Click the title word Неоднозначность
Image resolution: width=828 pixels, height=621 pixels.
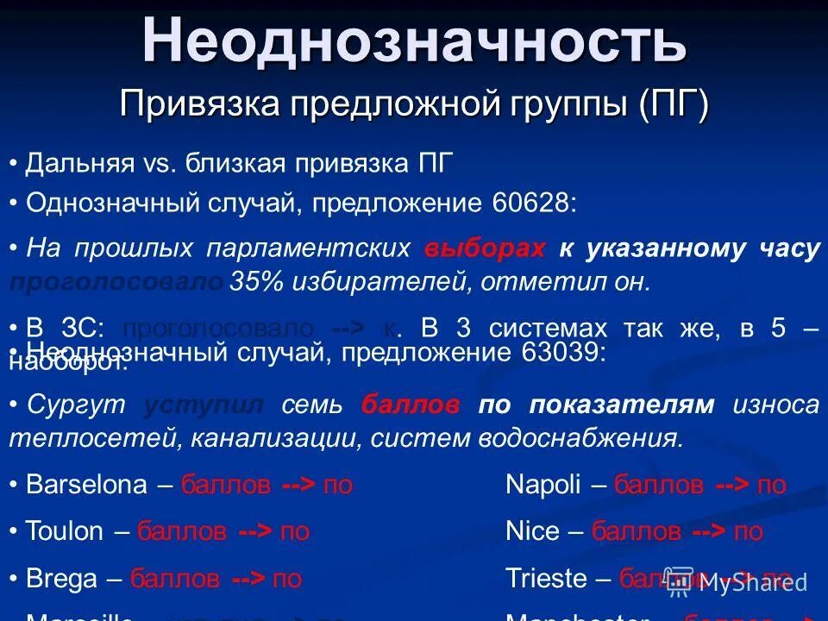[x=414, y=41]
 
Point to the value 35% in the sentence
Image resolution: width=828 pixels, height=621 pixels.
[x=250, y=283]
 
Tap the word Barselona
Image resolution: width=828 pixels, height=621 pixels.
[x=86, y=485]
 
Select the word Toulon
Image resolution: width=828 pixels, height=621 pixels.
[x=64, y=531]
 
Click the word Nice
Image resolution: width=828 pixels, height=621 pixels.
[x=532, y=531]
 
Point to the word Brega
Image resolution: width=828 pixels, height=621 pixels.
[x=61, y=579]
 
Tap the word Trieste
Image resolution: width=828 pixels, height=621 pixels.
[x=546, y=579]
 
